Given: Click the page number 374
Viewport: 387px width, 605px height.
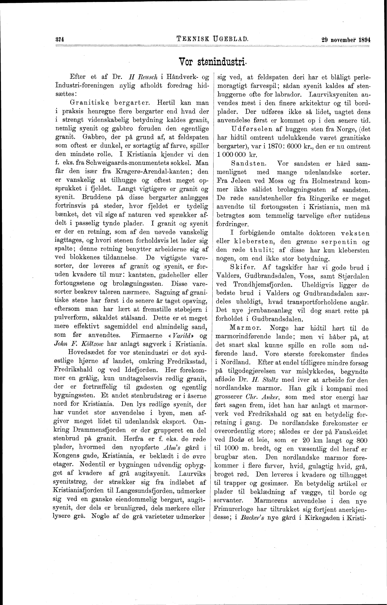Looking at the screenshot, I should [x=60, y=40].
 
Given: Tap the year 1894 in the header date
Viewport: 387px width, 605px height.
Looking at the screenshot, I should [x=363, y=40].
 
